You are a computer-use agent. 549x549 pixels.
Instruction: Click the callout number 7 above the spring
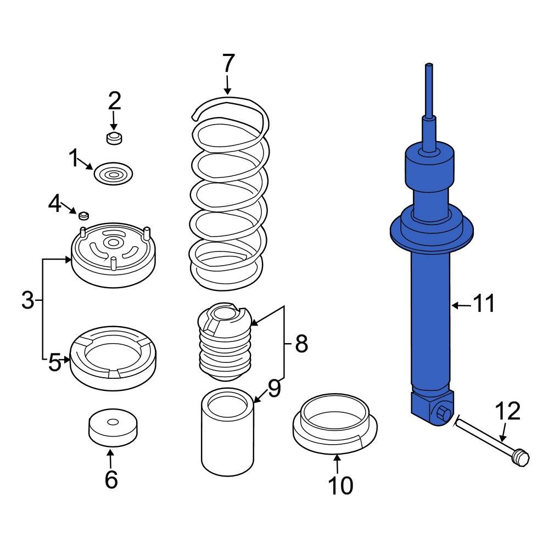[229, 64]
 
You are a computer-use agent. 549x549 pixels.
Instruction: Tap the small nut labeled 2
[114, 138]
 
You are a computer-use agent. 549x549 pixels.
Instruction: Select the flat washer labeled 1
[114, 175]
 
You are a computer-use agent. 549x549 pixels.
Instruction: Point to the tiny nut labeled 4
[84, 214]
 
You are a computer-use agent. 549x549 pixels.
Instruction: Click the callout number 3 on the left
[27, 300]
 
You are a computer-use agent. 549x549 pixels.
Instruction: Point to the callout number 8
[301, 344]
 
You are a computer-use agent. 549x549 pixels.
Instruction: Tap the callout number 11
[484, 303]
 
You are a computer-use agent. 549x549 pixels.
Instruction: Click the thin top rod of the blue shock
[429, 88]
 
